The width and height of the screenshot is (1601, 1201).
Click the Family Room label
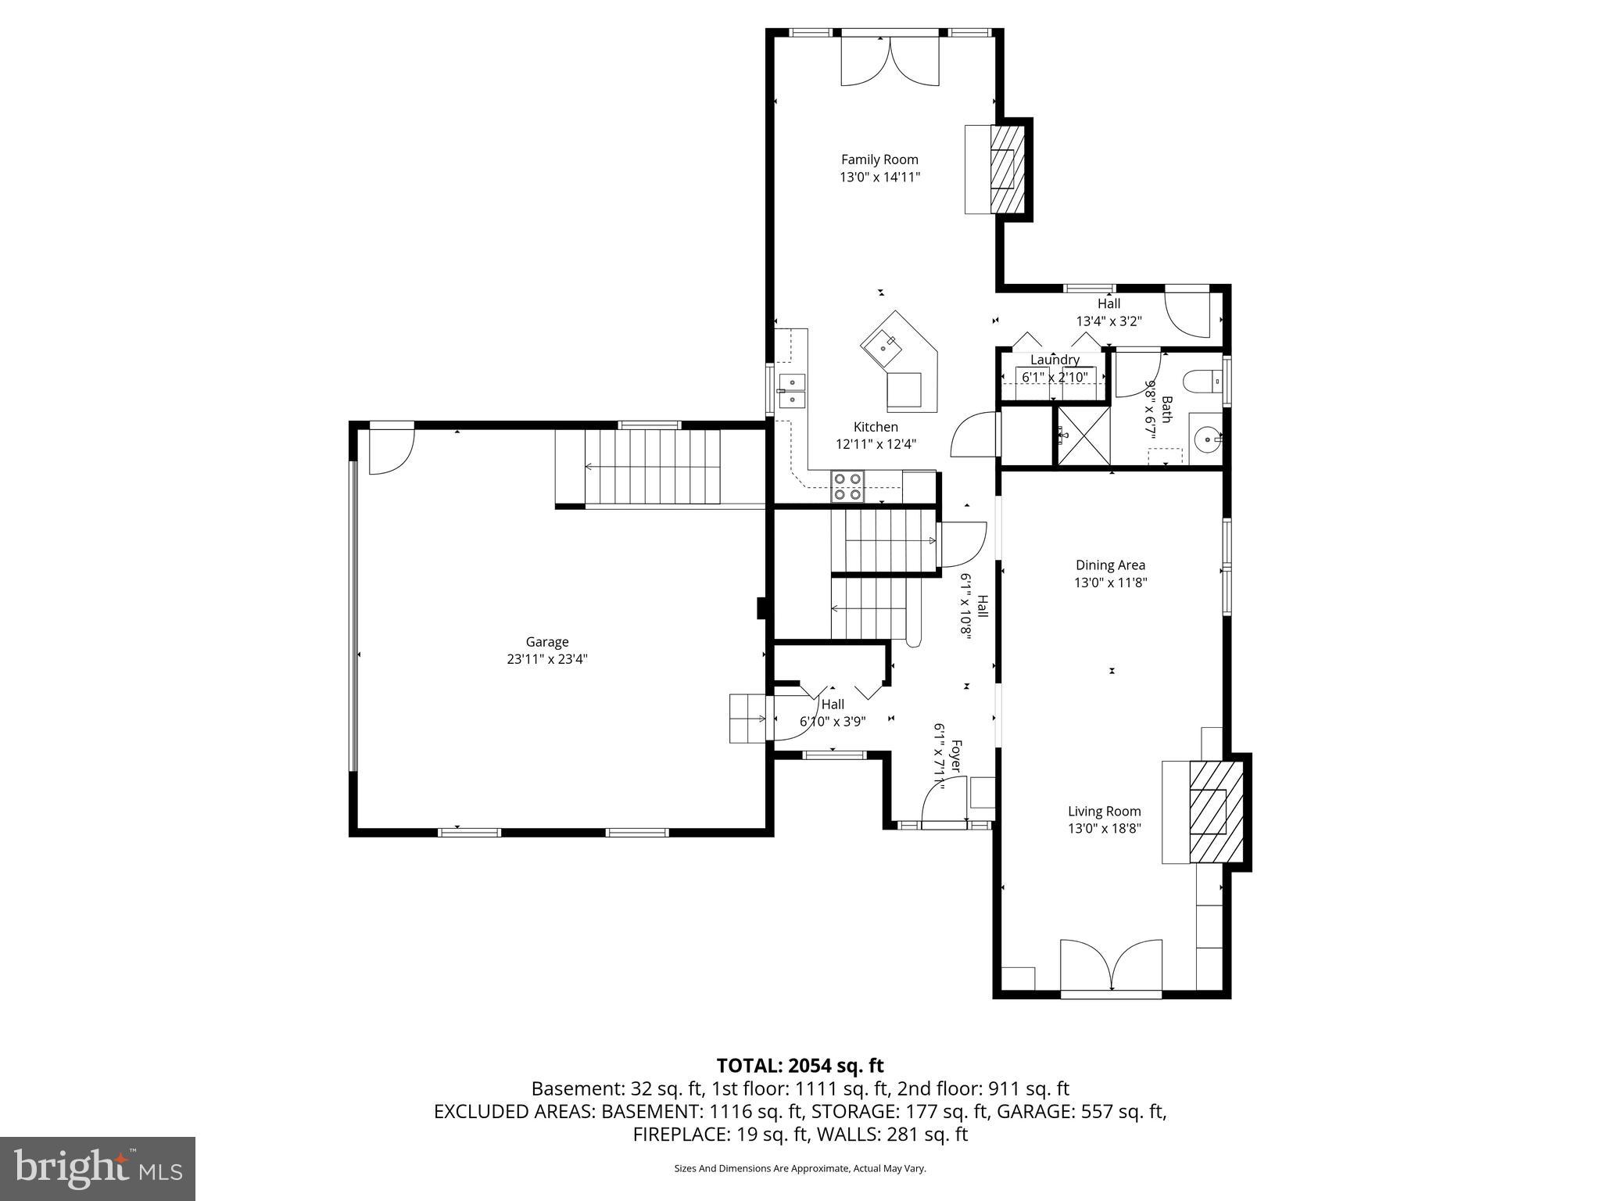point(879,160)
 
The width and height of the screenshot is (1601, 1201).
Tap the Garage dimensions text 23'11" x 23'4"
point(546,659)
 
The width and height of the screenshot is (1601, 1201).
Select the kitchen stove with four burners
point(847,486)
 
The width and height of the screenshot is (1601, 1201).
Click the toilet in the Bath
point(1202,382)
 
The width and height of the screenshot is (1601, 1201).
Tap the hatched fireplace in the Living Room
point(1216,812)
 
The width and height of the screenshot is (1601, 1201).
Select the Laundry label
point(1055,360)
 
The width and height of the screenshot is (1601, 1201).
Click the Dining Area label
point(1110,565)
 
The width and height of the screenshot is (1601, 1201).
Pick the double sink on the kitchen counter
point(792,391)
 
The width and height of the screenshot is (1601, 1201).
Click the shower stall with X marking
point(1083,436)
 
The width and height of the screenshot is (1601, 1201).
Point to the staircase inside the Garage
point(653,467)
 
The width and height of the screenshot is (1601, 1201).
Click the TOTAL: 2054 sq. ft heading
point(800,1065)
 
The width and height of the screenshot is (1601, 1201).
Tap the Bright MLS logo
point(98,1168)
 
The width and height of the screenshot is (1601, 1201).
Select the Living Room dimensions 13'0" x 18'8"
point(1104,829)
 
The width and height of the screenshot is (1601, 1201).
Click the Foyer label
point(955,755)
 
